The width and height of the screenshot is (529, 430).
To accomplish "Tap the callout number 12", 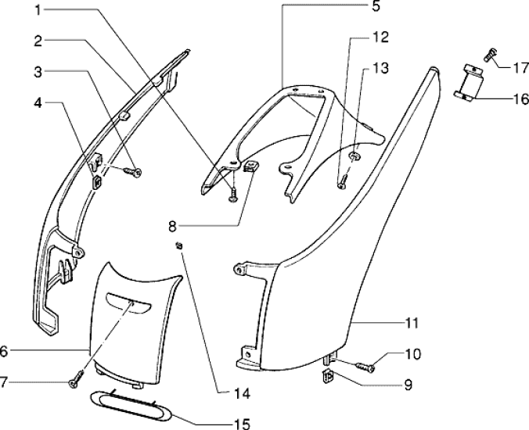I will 380,37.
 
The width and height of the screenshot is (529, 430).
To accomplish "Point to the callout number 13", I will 380,70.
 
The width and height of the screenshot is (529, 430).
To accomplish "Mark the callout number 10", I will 412,354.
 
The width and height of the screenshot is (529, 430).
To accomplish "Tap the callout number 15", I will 241,425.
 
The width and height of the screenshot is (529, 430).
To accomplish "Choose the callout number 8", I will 173,227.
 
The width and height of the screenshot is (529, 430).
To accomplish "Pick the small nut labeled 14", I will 179,247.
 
